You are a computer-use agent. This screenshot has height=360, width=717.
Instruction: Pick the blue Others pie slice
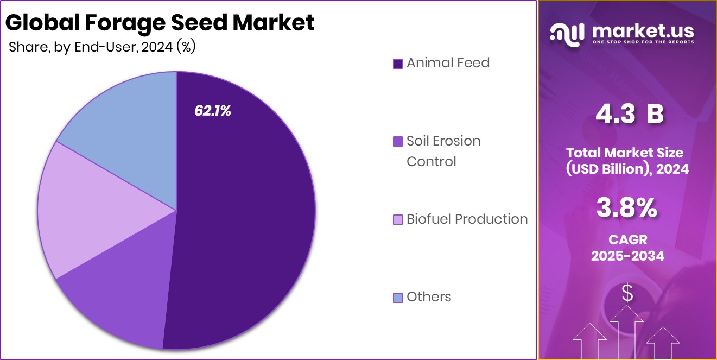coord(125,125)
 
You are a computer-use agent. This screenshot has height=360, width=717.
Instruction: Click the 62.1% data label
coord(213,111)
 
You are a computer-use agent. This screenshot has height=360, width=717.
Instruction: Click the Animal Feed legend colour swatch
coord(397,64)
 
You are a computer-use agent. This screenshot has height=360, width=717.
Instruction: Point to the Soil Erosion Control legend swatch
coord(397,141)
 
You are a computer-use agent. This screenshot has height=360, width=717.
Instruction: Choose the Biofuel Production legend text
coord(467,219)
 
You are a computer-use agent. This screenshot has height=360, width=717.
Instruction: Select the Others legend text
coord(429,297)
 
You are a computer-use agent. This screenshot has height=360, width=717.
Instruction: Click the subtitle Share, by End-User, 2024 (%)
coord(102,47)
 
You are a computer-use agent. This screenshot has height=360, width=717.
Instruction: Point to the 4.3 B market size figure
coord(629,115)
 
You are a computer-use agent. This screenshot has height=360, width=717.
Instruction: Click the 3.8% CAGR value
coord(627,208)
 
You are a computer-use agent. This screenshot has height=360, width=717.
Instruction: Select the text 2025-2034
coord(627,256)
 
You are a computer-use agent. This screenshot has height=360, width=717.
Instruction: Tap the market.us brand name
coord(643,31)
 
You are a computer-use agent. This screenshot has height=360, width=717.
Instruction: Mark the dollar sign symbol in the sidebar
coord(627,294)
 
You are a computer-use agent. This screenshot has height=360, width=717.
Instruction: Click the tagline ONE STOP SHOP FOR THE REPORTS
coord(643,42)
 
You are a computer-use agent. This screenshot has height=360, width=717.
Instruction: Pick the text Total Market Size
coord(627,152)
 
